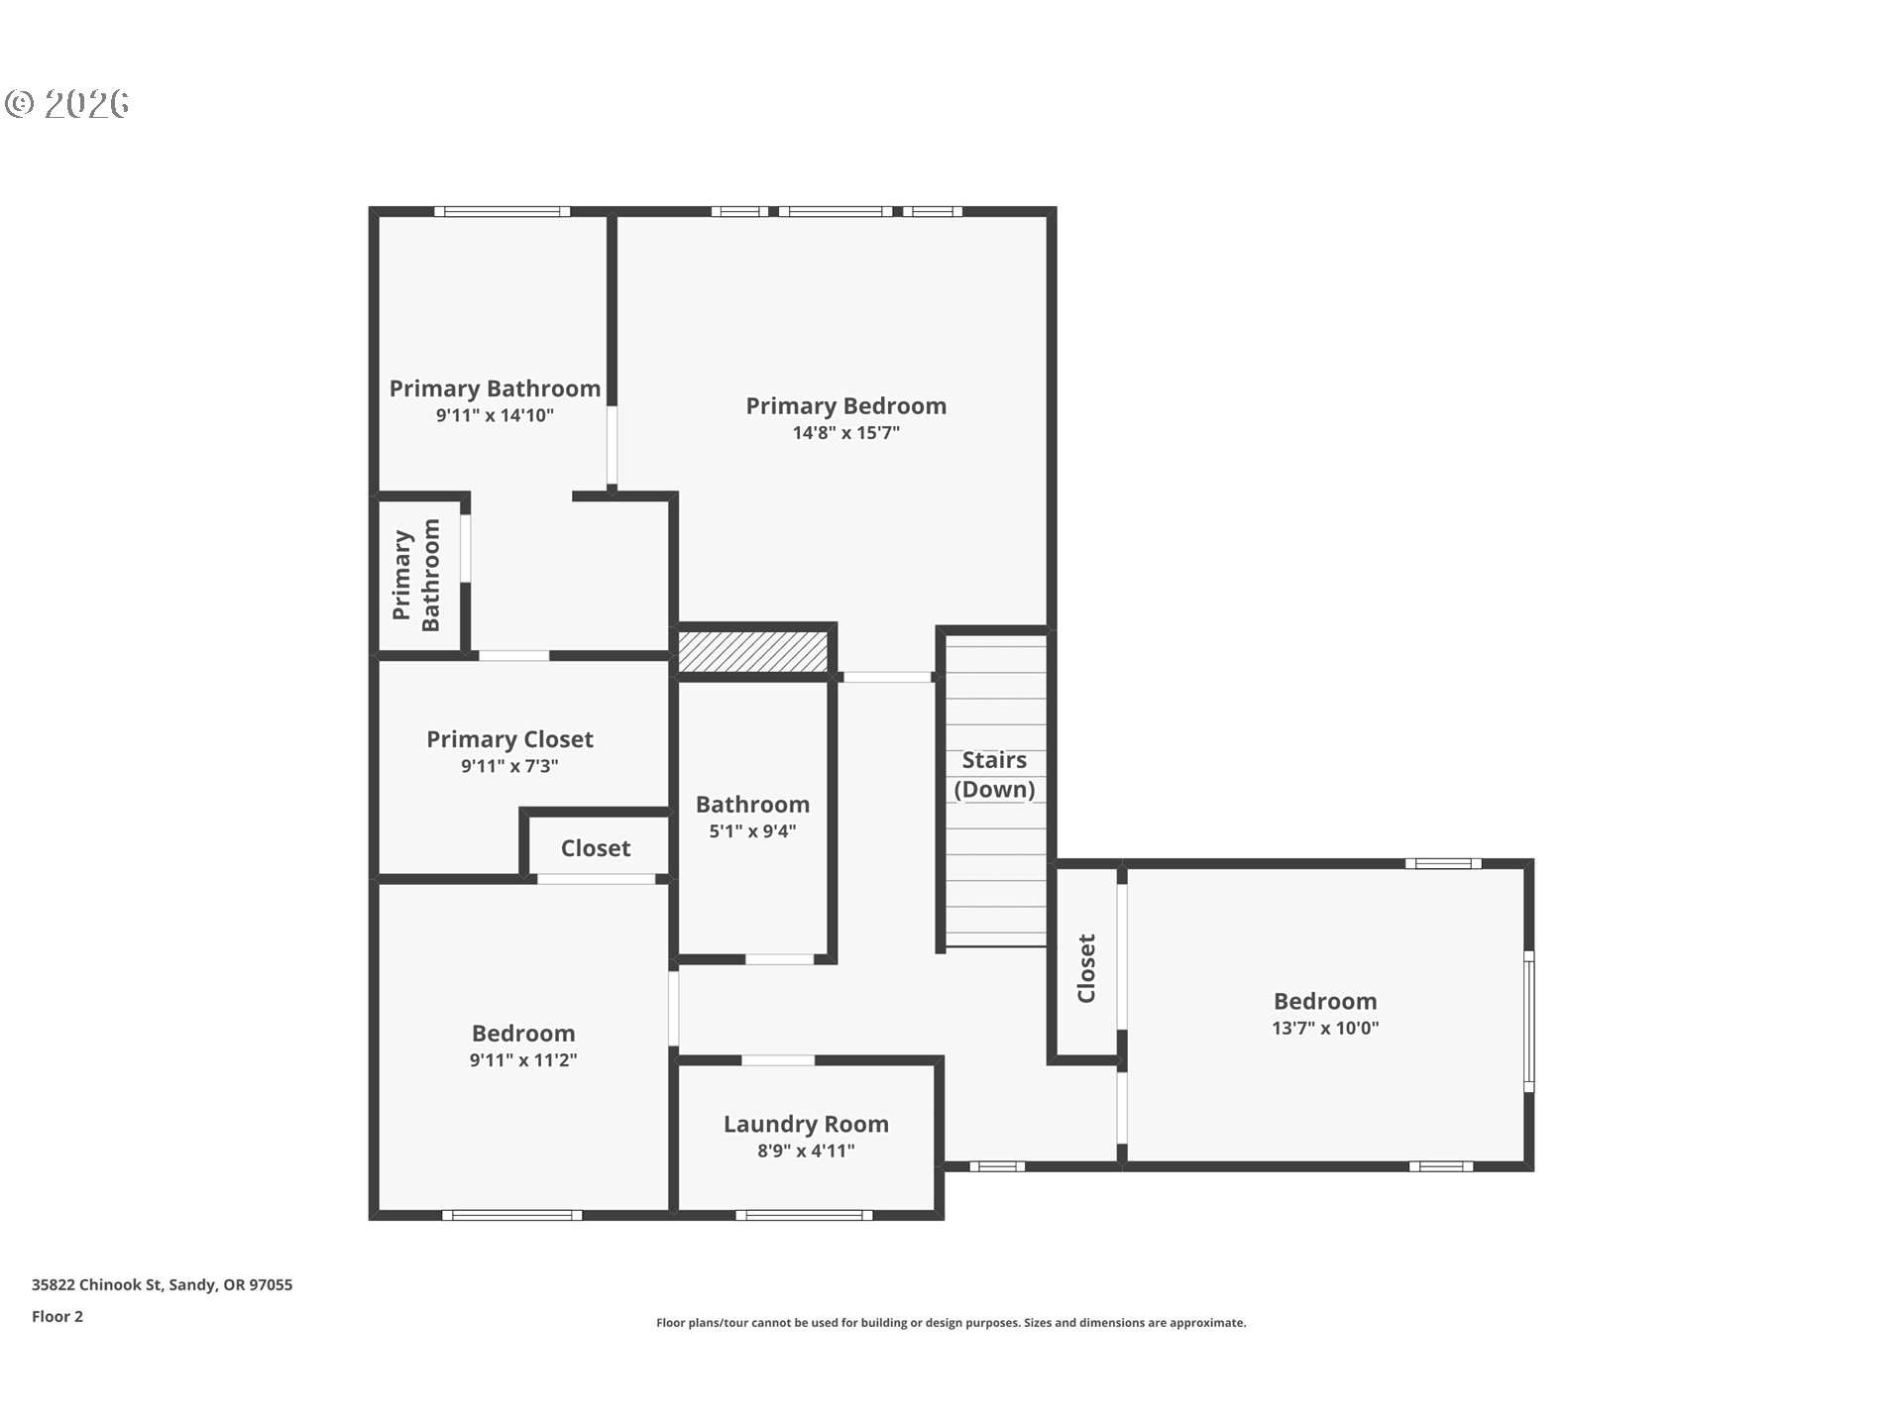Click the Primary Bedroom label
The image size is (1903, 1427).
[845, 406]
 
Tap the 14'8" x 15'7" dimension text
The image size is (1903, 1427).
[845, 433]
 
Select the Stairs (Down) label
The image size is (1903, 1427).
[994, 774]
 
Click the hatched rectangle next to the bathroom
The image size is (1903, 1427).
[752, 651]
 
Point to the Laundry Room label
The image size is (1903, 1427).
[806, 1124]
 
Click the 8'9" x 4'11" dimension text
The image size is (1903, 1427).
[806, 1151]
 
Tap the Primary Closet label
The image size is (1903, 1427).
[509, 739]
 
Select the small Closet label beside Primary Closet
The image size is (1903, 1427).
[595, 848]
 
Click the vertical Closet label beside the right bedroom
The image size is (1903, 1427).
[1086, 968]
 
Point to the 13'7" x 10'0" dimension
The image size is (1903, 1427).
[1325, 1029]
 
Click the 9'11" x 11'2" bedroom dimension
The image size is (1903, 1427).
[523, 1060]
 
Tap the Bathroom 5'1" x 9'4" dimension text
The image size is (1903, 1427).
[752, 831]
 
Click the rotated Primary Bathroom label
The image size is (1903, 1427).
[416, 575]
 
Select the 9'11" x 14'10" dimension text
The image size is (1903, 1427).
[495, 416]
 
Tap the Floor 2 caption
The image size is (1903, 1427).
[57, 1316]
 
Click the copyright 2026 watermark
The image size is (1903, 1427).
[67, 103]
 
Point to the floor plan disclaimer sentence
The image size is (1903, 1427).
[951, 1323]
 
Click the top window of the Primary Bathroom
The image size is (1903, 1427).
[503, 211]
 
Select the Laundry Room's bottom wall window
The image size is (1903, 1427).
[804, 1215]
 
